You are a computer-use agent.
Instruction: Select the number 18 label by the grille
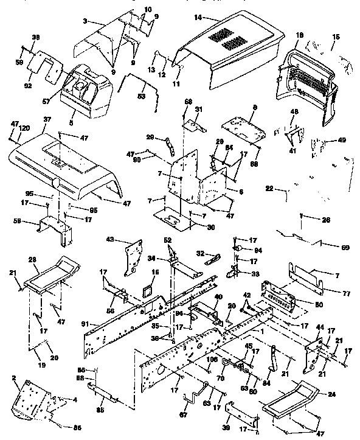(x=299, y=37)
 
